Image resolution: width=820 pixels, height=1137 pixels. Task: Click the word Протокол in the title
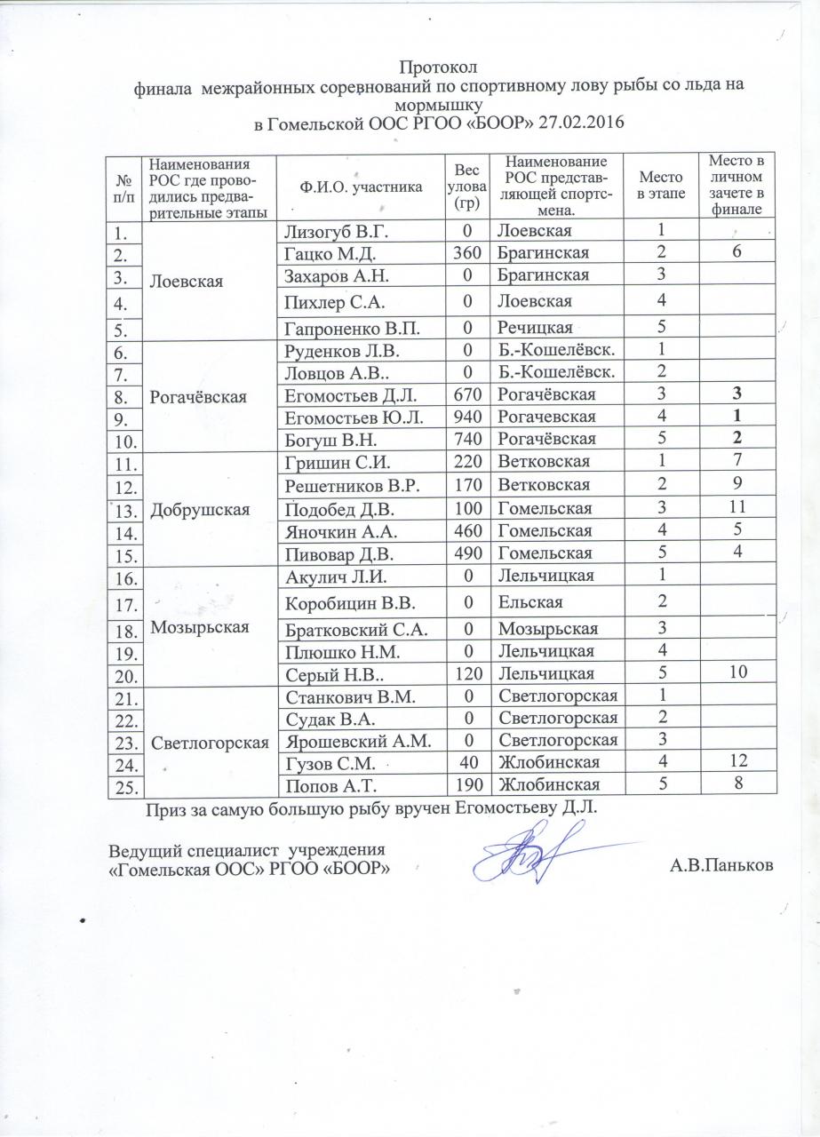(438, 68)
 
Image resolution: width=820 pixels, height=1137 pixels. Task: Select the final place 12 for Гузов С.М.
(734, 762)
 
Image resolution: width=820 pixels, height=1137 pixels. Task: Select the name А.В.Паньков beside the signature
(720, 866)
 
